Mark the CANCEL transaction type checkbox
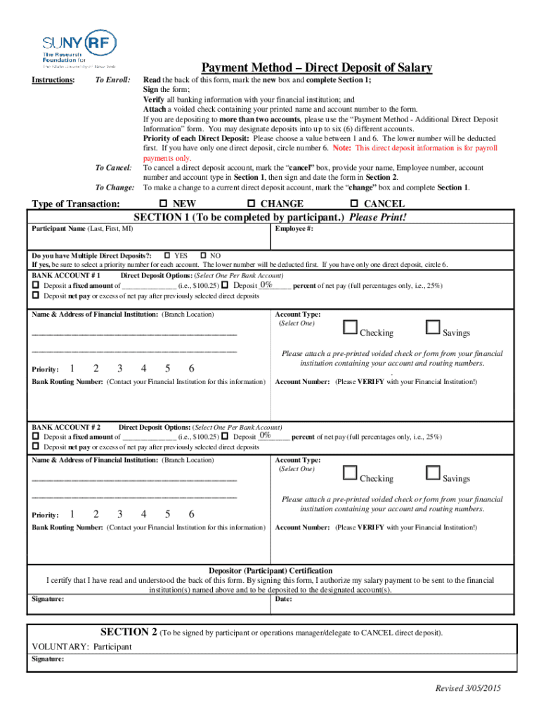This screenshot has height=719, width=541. (x=353, y=204)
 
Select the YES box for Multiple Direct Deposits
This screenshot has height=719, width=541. (x=167, y=255)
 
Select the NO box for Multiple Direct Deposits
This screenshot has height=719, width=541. (x=204, y=255)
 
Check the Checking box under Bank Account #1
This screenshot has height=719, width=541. (x=350, y=327)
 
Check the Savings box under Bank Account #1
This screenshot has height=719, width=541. (x=433, y=327)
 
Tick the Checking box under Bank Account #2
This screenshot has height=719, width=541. (x=350, y=473)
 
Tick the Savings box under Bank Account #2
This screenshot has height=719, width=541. (x=433, y=473)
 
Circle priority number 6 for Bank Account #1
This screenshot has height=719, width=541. (x=192, y=369)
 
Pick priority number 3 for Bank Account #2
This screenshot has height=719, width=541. (x=120, y=514)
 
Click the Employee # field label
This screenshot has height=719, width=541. (x=294, y=229)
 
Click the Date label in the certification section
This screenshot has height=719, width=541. (x=284, y=599)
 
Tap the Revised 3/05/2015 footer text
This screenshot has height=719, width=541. (x=468, y=688)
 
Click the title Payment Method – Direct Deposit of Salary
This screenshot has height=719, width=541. (x=317, y=68)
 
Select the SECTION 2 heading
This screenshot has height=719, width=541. (x=129, y=632)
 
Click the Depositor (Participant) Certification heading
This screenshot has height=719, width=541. (x=270, y=571)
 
